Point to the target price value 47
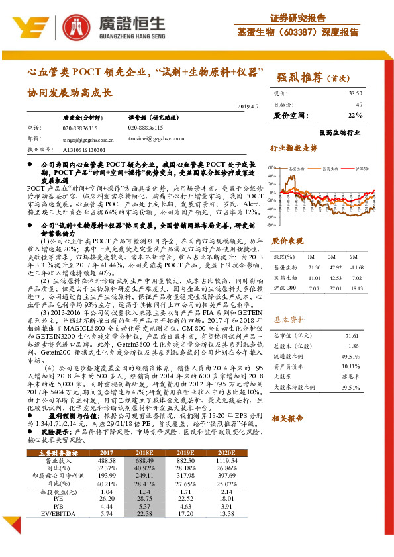359,105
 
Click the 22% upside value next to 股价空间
355,116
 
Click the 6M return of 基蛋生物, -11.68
356,267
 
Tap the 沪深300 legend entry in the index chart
365,169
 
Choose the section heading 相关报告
288,418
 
